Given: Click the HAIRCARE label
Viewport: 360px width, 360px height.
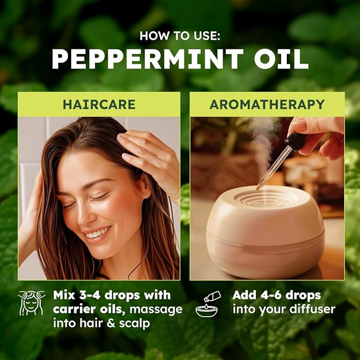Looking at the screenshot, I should pyautogui.click(x=99, y=104).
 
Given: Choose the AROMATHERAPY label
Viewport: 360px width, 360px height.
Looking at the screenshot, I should pyautogui.click(x=267, y=104).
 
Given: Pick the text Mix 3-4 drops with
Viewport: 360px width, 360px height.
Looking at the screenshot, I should pyautogui.click(x=111, y=295).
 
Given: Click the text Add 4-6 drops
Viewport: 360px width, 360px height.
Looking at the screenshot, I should pyautogui.click(x=276, y=295).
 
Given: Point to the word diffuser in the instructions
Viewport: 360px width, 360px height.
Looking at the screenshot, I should pyautogui.click(x=313, y=309).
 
